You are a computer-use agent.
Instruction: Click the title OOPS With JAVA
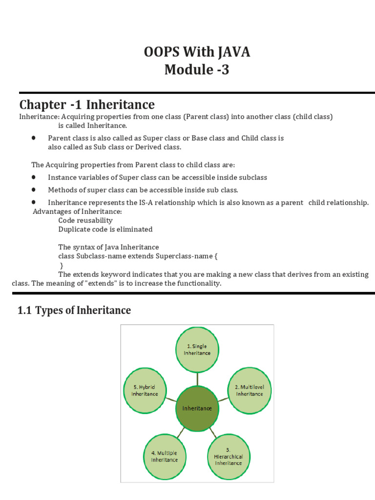[197, 52]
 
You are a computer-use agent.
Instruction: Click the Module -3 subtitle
[197, 70]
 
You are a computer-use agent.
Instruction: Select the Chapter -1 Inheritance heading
[87, 104]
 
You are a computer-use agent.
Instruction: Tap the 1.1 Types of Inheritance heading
[74, 310]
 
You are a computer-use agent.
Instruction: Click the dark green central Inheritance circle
[197, 408]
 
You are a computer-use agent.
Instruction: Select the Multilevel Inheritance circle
[250, 391]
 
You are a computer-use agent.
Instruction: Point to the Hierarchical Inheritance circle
[228, 456]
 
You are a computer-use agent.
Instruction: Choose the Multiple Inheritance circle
[165, 456]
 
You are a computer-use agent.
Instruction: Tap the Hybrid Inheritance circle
[145, 391]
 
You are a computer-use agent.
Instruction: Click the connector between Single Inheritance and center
[197, 379]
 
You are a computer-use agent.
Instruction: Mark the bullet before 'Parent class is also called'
[33, 138]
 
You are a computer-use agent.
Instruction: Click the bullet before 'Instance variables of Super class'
[33, 177]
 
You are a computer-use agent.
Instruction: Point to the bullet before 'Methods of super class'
[33, 189]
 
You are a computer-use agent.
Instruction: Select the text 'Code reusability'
[85, 221]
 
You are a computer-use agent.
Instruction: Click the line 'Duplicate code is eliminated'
[105, 229]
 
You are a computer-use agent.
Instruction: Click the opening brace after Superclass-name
[216, 256]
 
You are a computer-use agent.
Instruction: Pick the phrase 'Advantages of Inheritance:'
[77, 211]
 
